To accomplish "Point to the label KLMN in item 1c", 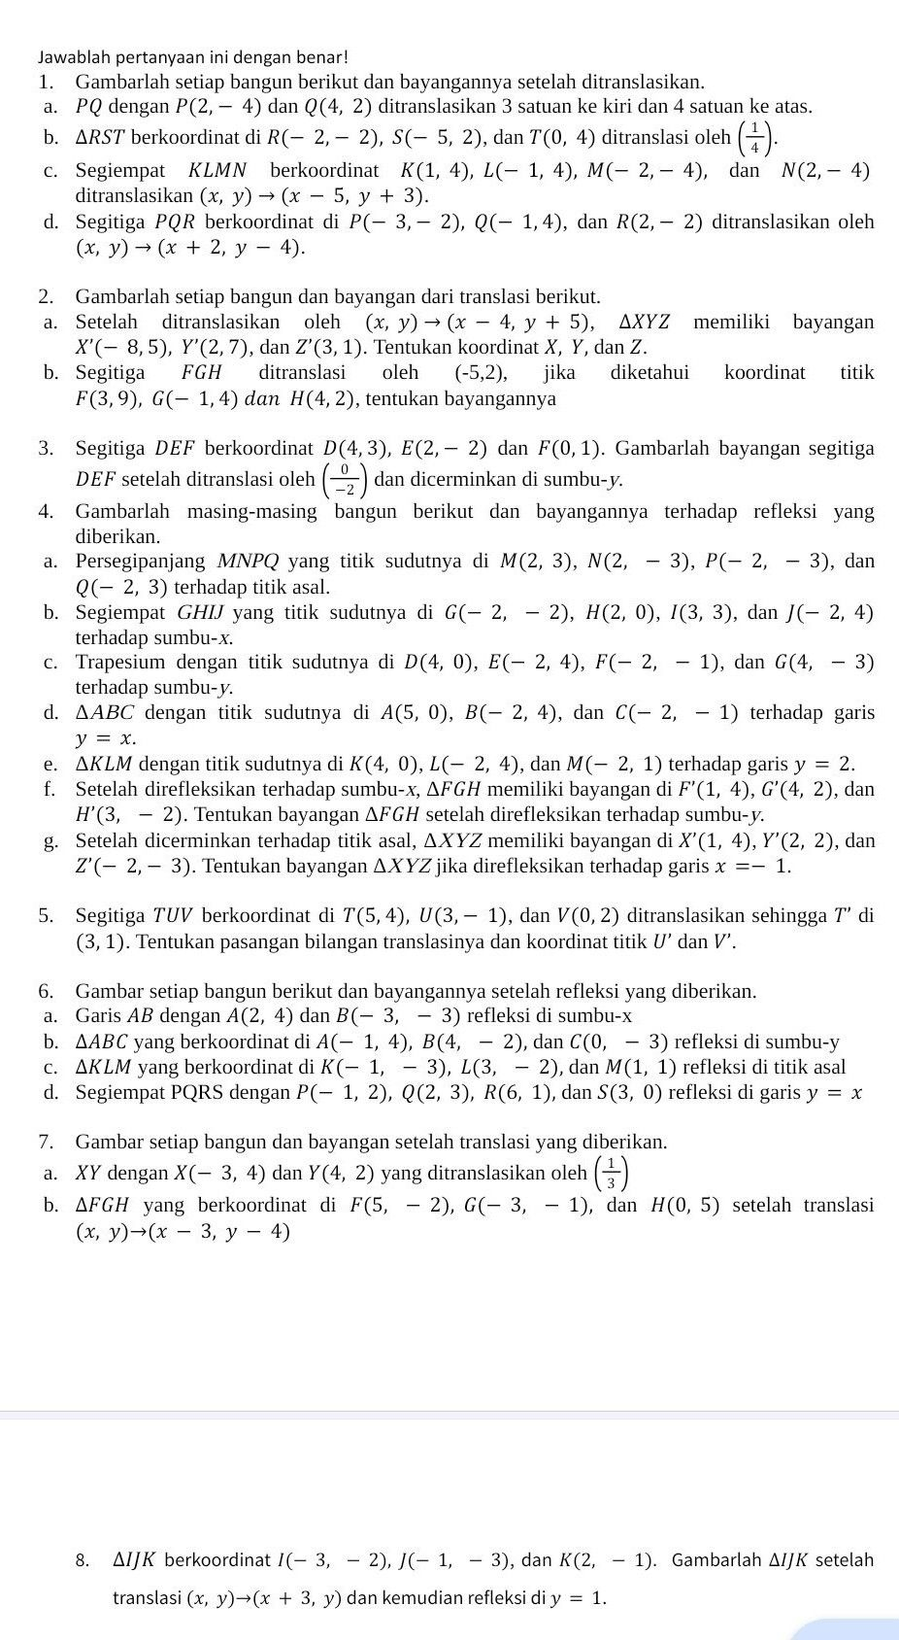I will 218,171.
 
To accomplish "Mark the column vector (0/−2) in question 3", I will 345,480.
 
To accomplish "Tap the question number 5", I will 46,915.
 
